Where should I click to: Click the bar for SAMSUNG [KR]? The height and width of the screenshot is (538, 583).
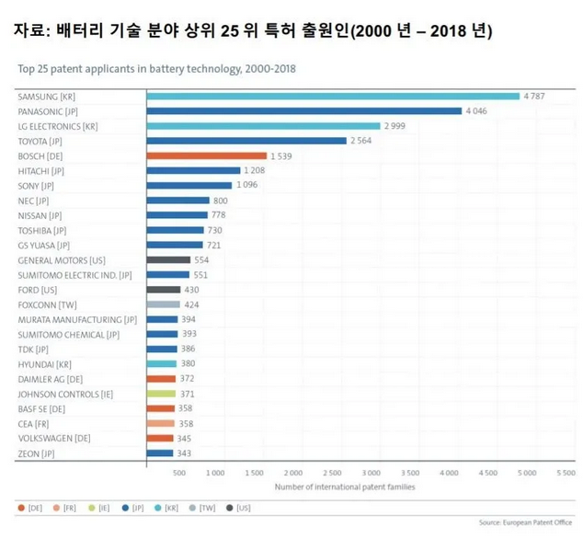[x=333, y=96]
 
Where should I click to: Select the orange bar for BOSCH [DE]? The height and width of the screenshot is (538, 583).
[x=206, y=155]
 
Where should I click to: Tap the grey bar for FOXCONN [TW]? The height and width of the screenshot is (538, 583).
[x=163, y=304]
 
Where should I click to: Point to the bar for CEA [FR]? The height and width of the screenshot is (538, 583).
[x=160, y=423]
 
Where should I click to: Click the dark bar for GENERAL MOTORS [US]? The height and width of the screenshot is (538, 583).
[x=168, y=259]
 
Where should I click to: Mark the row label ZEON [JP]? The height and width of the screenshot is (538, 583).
[x=36, y=452]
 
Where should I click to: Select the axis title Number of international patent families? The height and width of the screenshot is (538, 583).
[x=344, y=486]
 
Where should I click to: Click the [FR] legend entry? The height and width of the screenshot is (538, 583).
[x=63, y=508]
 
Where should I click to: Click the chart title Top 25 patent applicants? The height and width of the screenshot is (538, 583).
[x=156, y=68]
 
